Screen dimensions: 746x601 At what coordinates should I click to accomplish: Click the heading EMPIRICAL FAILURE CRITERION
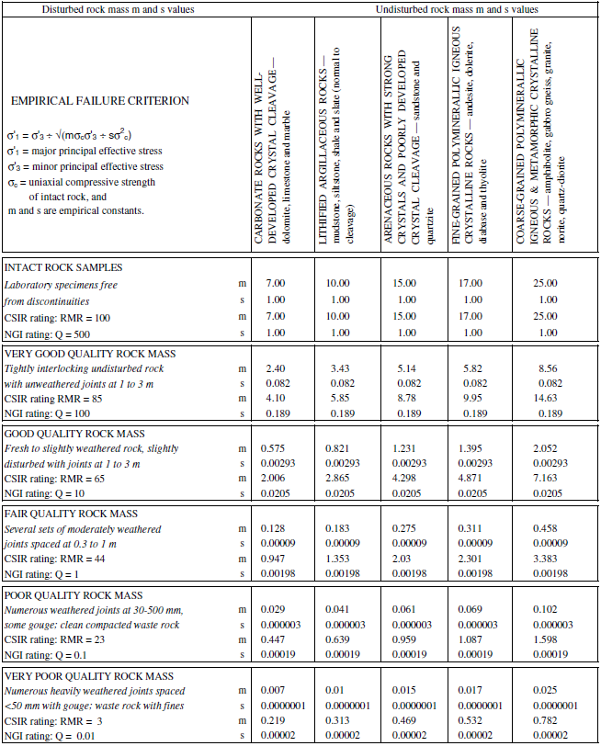click(87, 101)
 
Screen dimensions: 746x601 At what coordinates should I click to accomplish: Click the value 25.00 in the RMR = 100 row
click(548, 316)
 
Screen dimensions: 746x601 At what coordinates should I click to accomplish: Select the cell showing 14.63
click(548, 399)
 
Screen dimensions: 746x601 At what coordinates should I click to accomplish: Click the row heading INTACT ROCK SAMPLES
click(64, 267)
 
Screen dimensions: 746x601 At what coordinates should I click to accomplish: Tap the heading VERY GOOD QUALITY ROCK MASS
click(90, 353)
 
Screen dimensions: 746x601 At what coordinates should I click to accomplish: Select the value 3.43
click(340, 367)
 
